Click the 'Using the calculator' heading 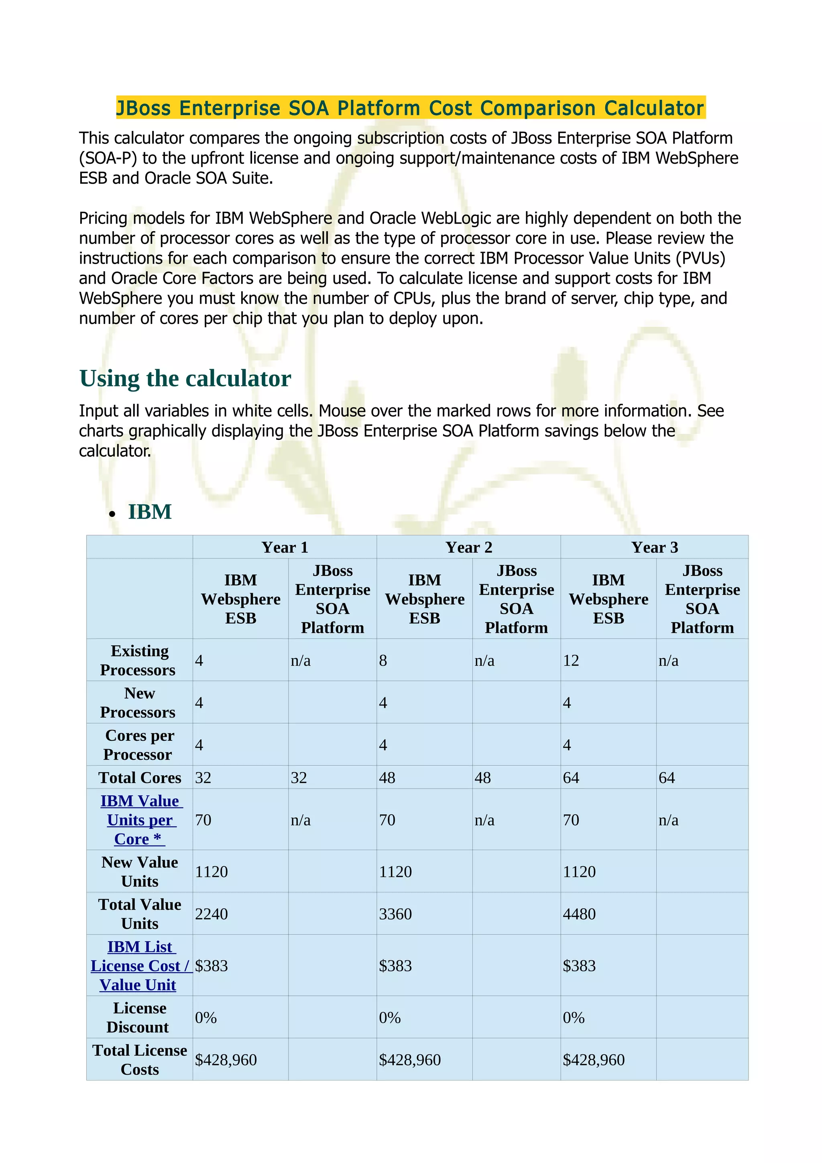(185, 378)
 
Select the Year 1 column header (285, 547)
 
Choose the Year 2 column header (468, 547)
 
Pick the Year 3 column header (654, 547)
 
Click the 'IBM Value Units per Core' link (139, 820)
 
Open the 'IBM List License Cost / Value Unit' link (139, 966)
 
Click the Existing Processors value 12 (571, 661)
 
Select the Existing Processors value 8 (383, 661)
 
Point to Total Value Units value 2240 (211, 914)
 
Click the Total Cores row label (139, 777)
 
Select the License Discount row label (139, 1018)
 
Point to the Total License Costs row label (139, 1060)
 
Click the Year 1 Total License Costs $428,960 (226, 1060)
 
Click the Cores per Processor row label (139, 745)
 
